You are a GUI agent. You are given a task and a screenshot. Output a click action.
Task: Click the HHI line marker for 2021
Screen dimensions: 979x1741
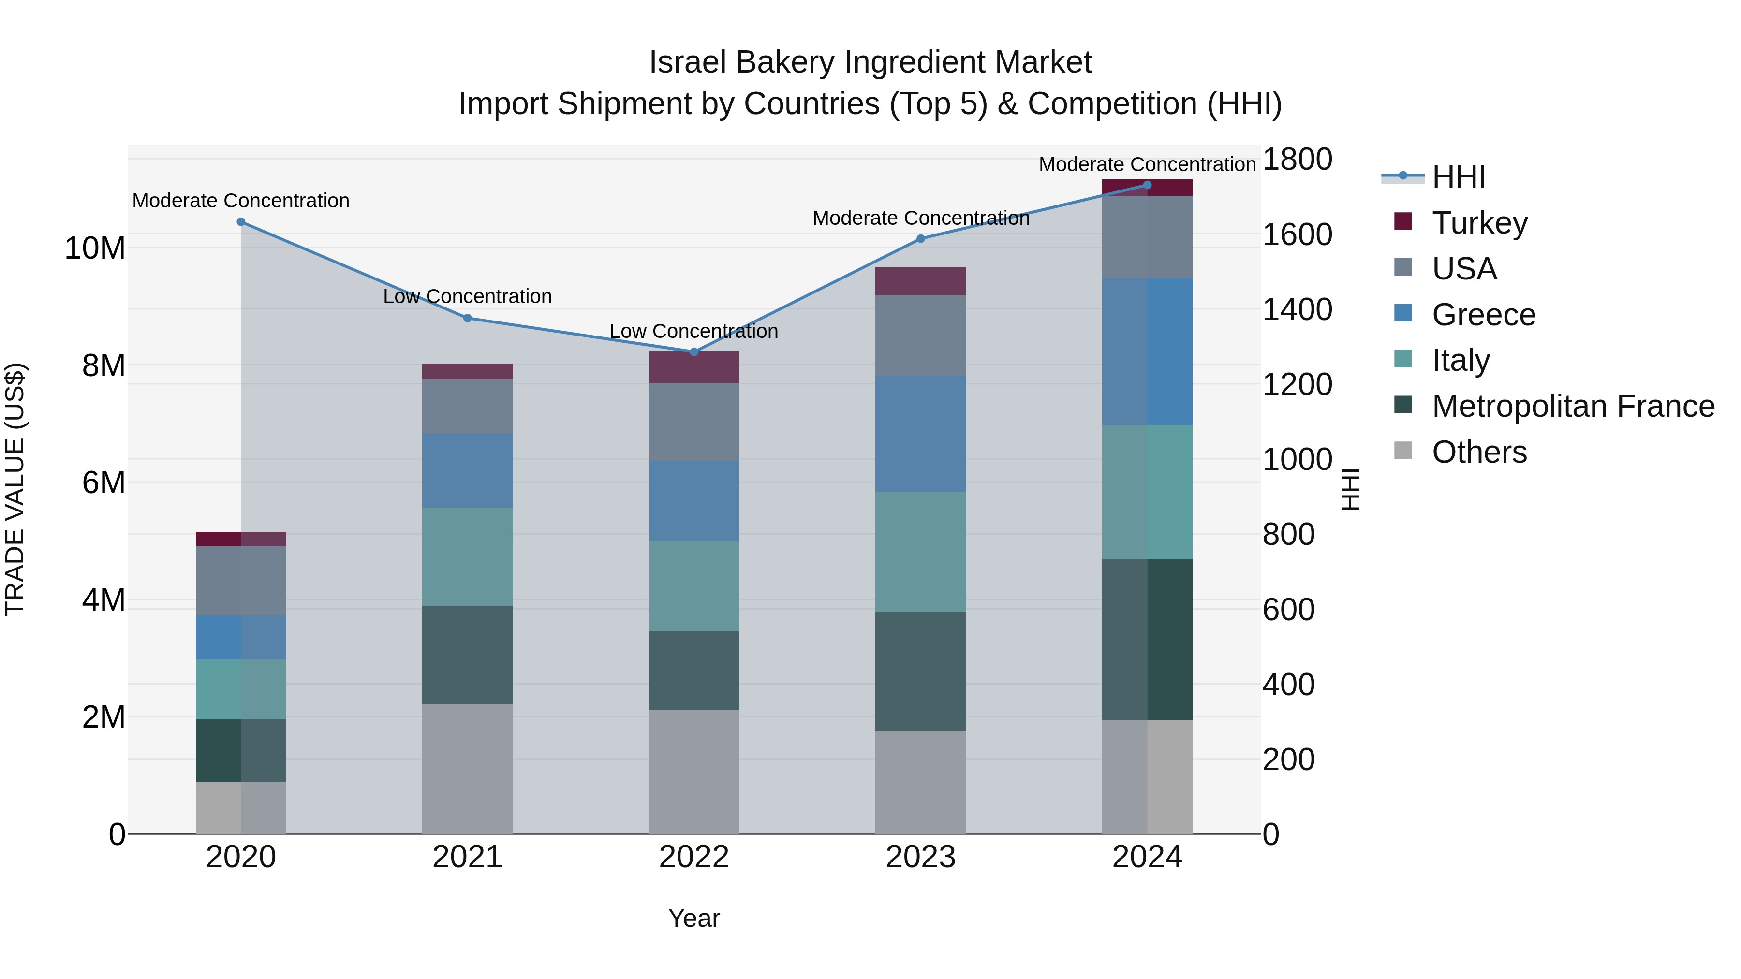467,318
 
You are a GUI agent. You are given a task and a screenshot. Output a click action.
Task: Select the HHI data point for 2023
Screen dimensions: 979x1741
920,238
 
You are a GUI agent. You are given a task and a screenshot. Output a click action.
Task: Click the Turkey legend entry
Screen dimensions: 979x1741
1479,223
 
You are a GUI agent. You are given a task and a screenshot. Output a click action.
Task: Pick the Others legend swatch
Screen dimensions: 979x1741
1403,451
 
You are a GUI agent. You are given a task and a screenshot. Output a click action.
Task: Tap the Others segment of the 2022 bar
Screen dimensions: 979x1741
693,771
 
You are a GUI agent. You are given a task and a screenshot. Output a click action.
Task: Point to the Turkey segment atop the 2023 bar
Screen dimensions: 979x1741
920,280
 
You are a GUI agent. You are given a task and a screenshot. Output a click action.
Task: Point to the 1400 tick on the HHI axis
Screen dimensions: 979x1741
1297,309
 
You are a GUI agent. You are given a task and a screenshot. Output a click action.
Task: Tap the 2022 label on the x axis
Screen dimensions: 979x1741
693,857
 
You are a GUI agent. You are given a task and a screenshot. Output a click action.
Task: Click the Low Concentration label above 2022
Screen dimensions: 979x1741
693,331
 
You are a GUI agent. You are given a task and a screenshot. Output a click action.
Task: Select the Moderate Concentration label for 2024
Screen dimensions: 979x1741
1147,164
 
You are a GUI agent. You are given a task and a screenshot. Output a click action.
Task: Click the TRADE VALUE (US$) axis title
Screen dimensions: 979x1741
15,489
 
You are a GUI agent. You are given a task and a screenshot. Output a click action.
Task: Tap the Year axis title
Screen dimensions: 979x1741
693,918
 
